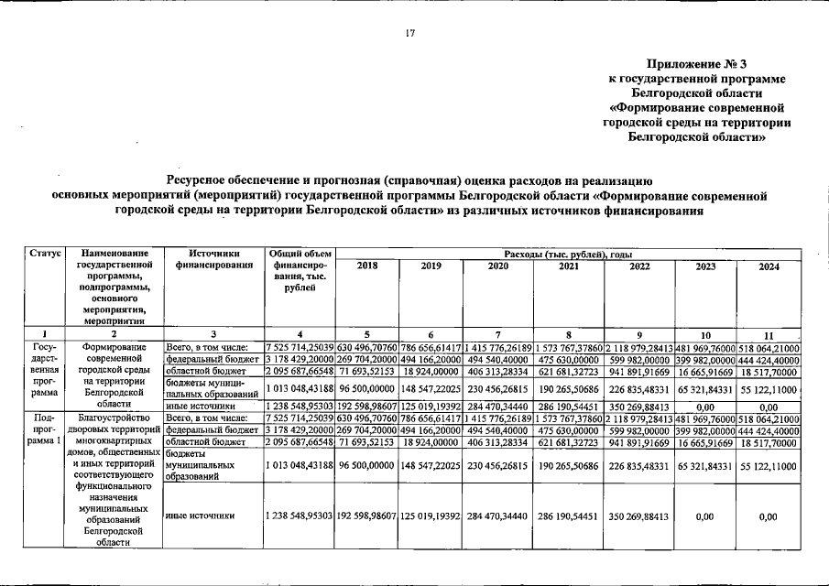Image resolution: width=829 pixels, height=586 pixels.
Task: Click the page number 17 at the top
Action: click(411, 34)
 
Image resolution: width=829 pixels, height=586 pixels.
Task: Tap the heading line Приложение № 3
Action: click(697, 64)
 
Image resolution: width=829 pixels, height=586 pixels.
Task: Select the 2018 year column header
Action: click(366, 266)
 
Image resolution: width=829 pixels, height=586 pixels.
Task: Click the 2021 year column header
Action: click(569, 266)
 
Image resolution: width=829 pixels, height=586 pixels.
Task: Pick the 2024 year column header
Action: click(769, 266)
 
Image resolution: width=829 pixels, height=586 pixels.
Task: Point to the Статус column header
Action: click(45, 253)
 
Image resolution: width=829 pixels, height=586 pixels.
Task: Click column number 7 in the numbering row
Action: click(495, 334)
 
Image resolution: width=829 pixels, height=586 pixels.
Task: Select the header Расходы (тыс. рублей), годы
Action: click(568, 253)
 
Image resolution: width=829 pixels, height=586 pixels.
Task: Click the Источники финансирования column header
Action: click(213, 259)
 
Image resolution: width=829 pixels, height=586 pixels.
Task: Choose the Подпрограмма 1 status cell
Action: click(45, 429)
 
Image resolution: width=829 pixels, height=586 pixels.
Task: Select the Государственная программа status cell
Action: click(45, 370)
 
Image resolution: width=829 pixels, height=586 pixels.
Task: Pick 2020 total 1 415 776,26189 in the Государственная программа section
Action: click(495, 348)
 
